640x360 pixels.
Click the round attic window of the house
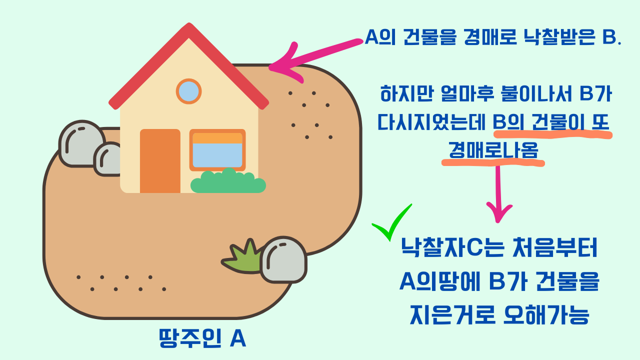point(188,91)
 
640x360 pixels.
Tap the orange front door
point(160,161)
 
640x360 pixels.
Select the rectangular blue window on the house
point(217,150)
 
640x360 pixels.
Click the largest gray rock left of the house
point(81,143)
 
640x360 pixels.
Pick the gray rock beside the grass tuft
point(283,259)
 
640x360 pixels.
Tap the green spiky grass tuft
point(243,257)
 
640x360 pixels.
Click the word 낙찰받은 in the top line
point(549,38)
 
